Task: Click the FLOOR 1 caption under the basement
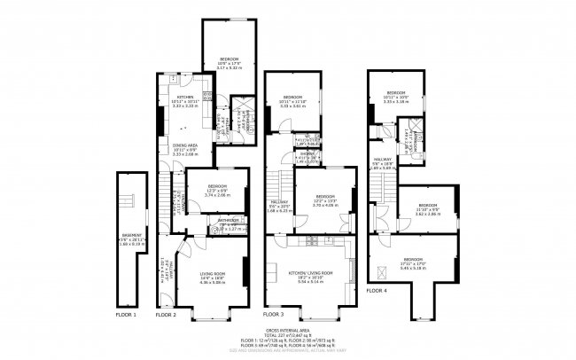point(127,315)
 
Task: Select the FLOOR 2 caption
point(166,315)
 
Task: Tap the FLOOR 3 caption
point(274,315)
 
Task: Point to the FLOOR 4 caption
point(377,291)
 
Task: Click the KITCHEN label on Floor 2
point(185,97)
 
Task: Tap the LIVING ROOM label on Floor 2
point(213,274)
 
